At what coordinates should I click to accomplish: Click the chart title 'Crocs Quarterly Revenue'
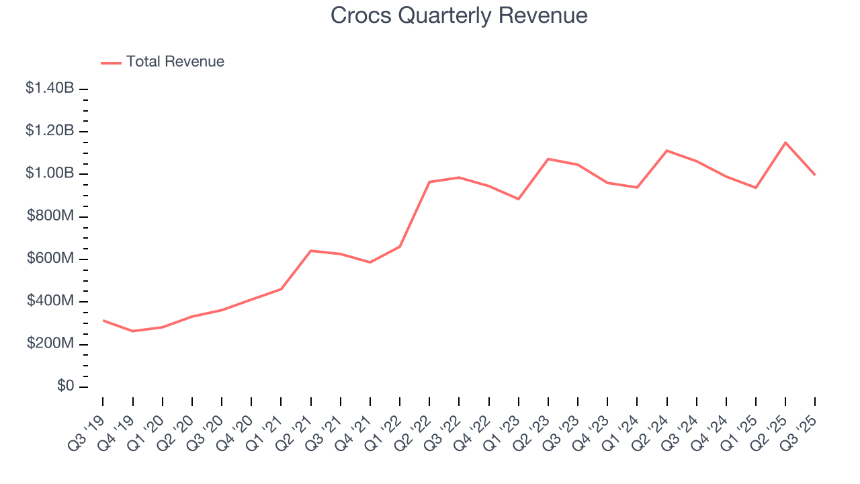pos(459,16)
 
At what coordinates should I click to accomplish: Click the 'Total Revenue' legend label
pos(175,62)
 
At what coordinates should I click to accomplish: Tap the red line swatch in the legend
pos(111,63)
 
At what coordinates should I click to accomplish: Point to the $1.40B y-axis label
pos(50,88)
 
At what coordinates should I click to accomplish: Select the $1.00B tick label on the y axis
pos(50,173)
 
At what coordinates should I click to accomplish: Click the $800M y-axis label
pos(50,216)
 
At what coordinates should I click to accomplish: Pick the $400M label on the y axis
pos(50,301)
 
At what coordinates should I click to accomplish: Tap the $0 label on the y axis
pos(65,387)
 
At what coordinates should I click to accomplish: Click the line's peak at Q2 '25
pos(785,143)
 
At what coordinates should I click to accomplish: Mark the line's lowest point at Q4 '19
pos(133,331)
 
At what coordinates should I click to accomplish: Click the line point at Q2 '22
pos(429,182)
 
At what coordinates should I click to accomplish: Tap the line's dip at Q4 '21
pos(370,262)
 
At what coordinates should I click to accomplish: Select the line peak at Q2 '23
pos(548,159)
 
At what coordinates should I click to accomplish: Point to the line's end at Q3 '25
pos(815,175)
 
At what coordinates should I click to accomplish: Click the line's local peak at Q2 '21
pos(310,251)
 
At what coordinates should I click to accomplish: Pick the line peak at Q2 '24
pos(666,151)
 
